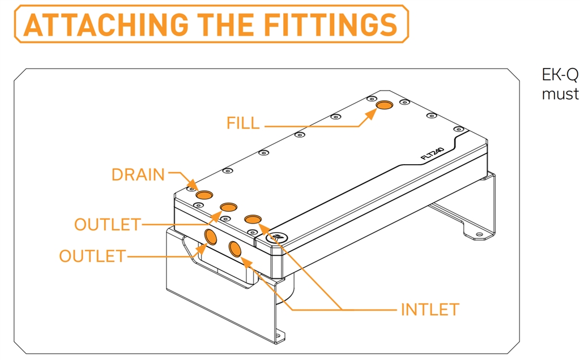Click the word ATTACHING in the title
(x=105, y=24)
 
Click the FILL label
(x=243, y=123)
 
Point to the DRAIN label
(x=138, y=174)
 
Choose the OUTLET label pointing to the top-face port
(x=108, y=224)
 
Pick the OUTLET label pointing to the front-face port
(x=92, y=256)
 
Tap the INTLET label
(x=430, y=310)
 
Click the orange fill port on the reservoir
(x=385, y=105)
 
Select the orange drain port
(x=204, y=195)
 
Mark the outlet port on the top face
(x=229, y=207)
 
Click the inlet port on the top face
(x=253, y=219)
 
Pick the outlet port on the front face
(x=211, y=237)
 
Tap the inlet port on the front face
(x=235, y=249)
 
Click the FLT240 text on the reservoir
(x=432, y=154)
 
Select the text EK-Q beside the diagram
(x=560, y=75)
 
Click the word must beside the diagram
(x=560, y=94)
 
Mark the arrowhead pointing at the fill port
(x=370, y=114)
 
